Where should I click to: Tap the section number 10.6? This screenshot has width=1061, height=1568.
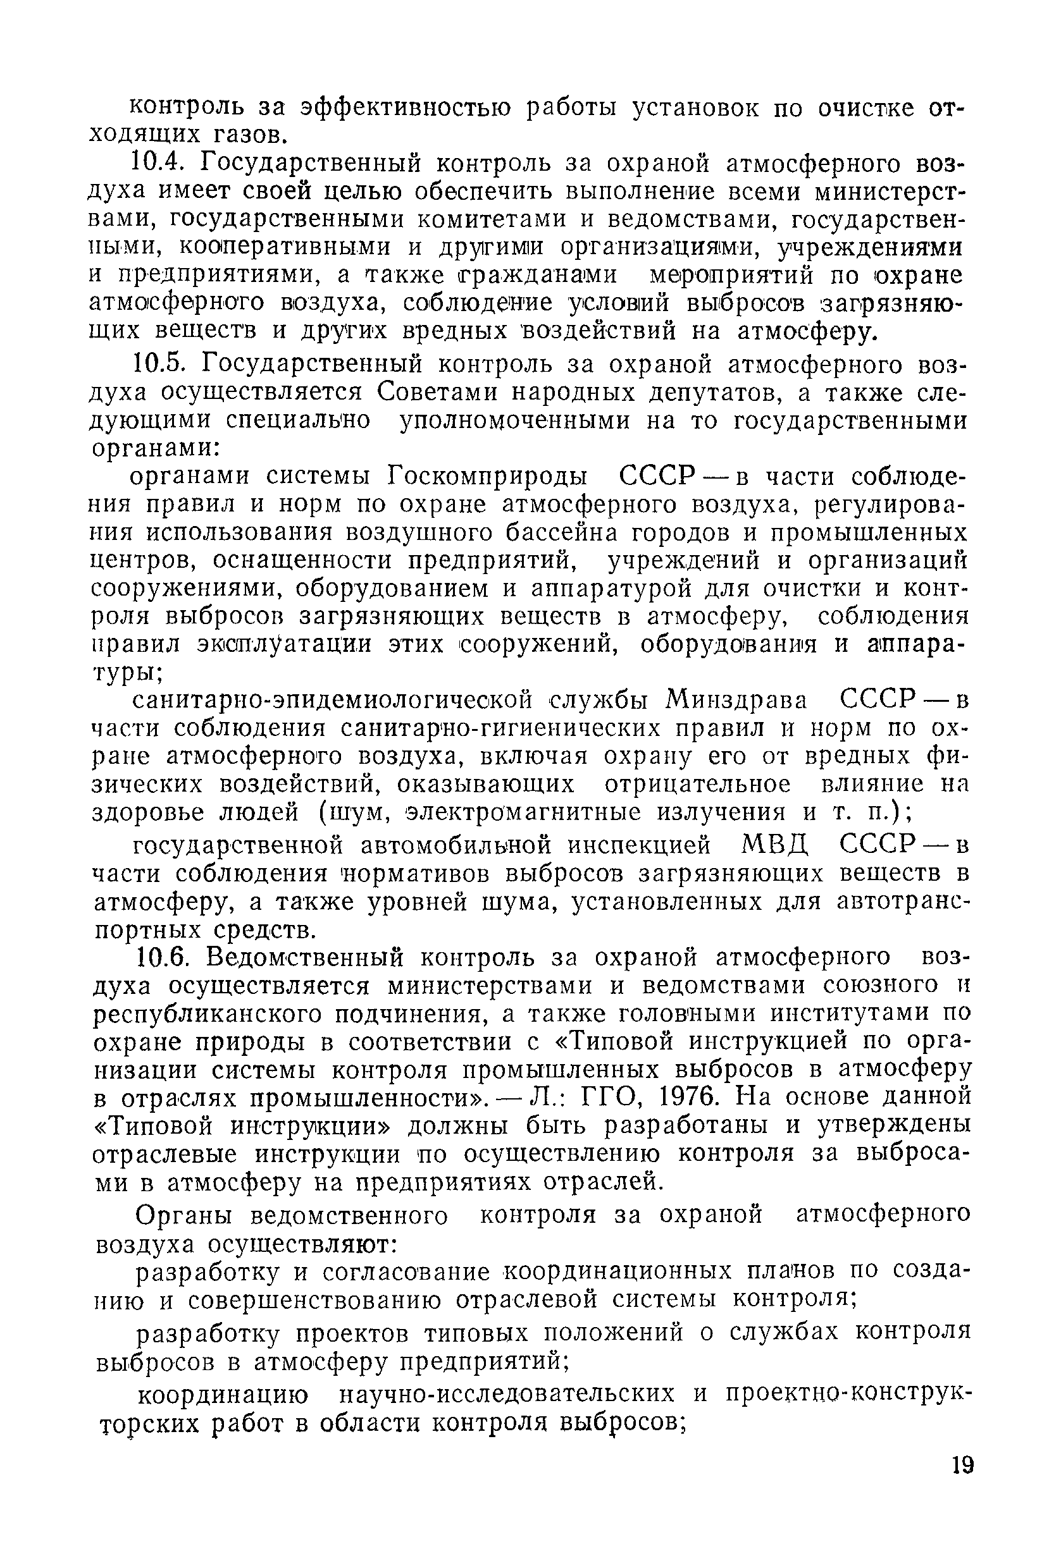click(x=161, y=957)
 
